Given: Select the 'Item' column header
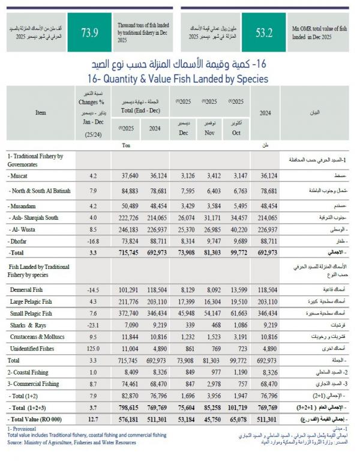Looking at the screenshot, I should coord(41,112).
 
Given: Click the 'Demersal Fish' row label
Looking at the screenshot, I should coord(26,274).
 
